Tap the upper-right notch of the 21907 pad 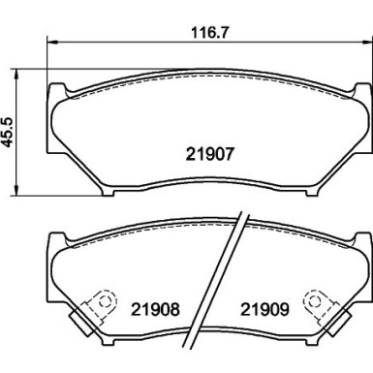tap(348, 90)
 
